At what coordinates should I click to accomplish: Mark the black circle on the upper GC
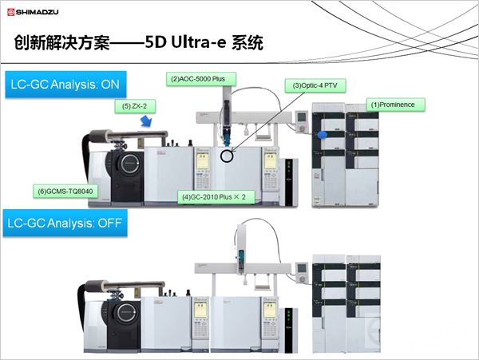pyautogui.click(x=228, y=155)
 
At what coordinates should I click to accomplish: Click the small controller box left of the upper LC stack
pyautogui.click(x=301, y=118)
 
